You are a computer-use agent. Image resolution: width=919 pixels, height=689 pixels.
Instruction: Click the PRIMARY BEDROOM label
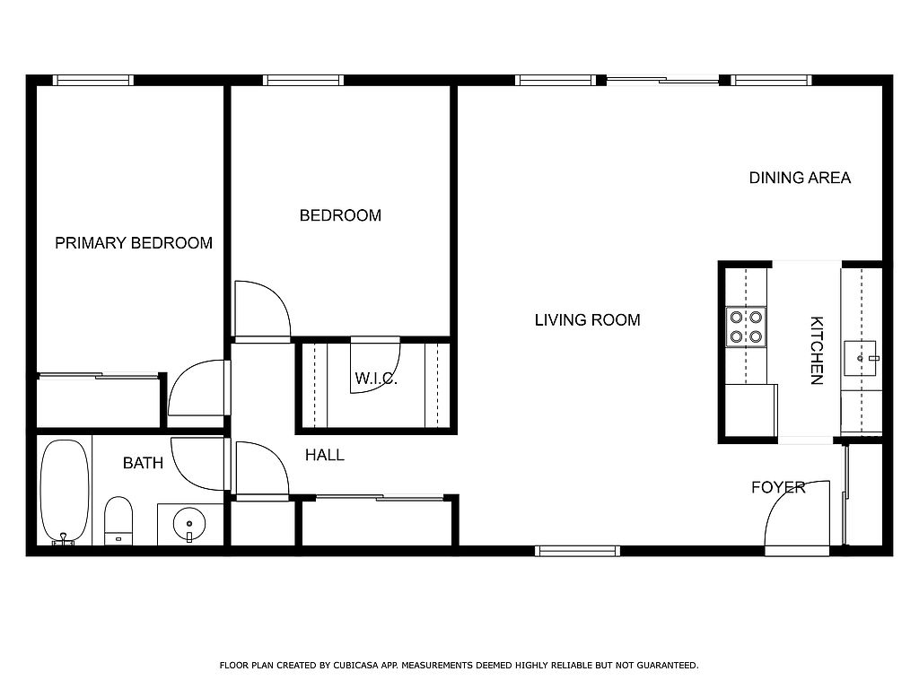(134, 243)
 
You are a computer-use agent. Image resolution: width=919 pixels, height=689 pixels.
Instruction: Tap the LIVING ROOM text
(587, 320)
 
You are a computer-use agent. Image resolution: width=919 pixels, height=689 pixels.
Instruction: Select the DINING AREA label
(800, 178)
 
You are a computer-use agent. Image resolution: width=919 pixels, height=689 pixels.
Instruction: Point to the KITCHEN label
(817, 351)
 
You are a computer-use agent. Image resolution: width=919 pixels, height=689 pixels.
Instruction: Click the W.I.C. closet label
(376, 379)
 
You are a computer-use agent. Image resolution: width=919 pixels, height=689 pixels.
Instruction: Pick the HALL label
(325, 455)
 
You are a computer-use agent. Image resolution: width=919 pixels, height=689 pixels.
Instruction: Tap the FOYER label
(778, 487)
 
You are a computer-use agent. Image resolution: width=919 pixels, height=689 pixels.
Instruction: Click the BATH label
(143, 464)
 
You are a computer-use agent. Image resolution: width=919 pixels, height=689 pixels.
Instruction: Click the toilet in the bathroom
(118, 521)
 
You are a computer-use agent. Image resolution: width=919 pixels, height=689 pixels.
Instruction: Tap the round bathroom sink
(189, 524)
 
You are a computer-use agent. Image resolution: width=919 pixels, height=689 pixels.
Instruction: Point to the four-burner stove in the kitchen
(746, 327)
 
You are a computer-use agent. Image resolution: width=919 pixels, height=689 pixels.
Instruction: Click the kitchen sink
(860, 358)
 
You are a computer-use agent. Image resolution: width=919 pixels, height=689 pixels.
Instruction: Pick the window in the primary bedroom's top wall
(93, 80)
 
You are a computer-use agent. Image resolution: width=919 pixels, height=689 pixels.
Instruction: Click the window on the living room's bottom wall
(577, 551)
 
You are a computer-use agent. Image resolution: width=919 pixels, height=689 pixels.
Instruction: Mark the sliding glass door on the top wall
(663, 80)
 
